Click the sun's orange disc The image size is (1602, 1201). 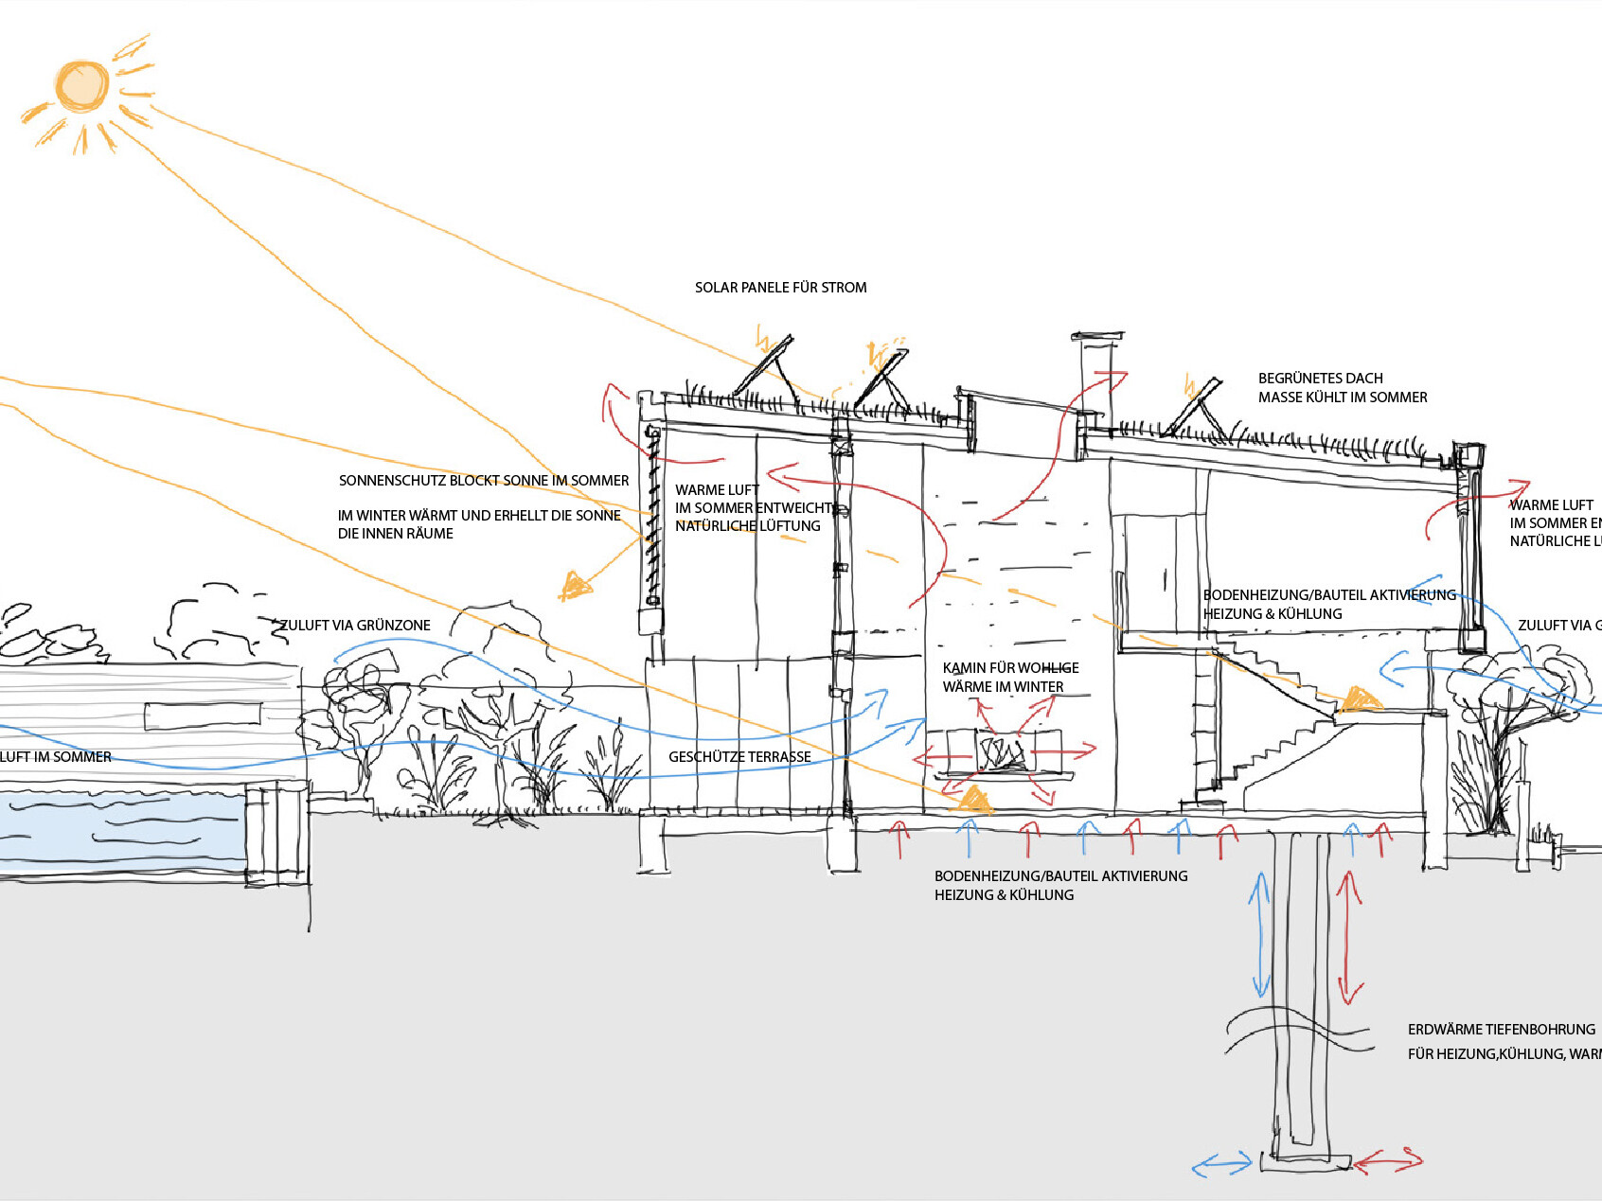pyautogui.click(x=81, y=86)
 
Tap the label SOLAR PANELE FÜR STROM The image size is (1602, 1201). pyautogui.click(x=780, y=288)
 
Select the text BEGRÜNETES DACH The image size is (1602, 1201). pyautogui.click(x=1320, y=379)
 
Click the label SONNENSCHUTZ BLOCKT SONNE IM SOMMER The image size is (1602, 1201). pyautogui.click(x=483, y=481)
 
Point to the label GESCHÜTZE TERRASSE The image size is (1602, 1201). pyautogui.click(x=739, y=757)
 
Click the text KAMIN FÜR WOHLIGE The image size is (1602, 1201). pyautogui.click(x=1010, y=668)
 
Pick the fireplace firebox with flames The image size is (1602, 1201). pyautogui.click(x=1002, y=753)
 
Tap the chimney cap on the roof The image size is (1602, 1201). pyautogui.click(x=1096, y=336)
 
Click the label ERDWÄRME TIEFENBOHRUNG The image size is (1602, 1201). pyautogui.click(x=1501, y=1030)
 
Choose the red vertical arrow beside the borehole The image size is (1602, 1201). pyautogui.click(x=1348, y=937)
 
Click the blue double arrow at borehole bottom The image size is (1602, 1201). pyautogui.click(x=1222, y=1164)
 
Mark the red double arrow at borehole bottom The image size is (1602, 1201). pyautogui.click(x=1388, y=1159)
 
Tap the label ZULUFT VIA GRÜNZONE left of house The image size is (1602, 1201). pyautogui.click(x=355, y=626)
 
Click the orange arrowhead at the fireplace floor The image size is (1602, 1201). pyautogui.click(x=972, y=801)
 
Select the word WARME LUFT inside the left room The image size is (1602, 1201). pyautogui.click(x=717, y=490)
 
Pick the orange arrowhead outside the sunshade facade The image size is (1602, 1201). pyautogui.click(x=574, y=587)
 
